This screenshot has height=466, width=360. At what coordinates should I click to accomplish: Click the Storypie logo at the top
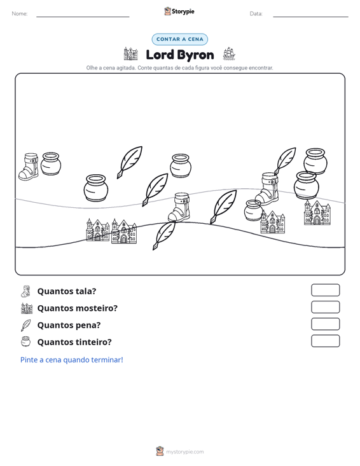pyautogui.click(x=179, y=11)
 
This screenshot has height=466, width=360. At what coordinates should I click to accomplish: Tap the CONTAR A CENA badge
pyautogui.click(x=179, y=39)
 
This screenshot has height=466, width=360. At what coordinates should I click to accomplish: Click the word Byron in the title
pyautogui.click(x=196, y=55)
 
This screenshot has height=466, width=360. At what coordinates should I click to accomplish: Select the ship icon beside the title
pyautogui.click(x=229, y=54)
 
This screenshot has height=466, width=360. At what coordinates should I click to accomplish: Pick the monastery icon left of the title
pyautogui.click(x=130, y=54)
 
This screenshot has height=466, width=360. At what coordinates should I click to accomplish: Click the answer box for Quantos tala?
pyautogui.click(x=325, y=290)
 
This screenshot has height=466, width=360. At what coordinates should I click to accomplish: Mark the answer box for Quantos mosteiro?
pyautogui.click(x=325, y=307)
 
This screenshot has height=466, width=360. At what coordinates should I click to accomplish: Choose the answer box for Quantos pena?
pyautogui.click(x=325, y=324)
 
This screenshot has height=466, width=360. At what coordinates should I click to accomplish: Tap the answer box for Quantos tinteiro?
pyautogui.click(x=325, y=341)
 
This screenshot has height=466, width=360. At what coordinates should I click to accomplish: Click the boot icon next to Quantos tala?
pyautogui.click(x=26, y=291)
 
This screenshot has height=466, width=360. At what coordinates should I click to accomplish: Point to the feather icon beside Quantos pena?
pyautogui.click(x=26, y=325)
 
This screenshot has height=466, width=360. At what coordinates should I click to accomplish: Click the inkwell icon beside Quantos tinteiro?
pyautogui.click(x=26, y=341)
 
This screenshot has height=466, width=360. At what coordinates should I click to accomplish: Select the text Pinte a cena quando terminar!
pyautogui.click(x=72, y=360)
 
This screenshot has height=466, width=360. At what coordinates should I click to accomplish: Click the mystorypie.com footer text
pyautogui.click(x=185, y=452)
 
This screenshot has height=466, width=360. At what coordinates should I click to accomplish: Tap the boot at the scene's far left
pyautogui.click(x=29, y=167)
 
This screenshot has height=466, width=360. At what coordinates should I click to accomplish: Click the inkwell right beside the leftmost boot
pyautogui.click(x=51, y=163)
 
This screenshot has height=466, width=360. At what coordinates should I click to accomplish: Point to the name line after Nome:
pyautogui.click(x=83, y=17)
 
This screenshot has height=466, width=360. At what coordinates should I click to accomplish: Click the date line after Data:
pyautogui.click(x=310, y=17)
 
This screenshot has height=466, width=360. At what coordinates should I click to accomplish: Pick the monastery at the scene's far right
pyautogui.click(x=317, y=212)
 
